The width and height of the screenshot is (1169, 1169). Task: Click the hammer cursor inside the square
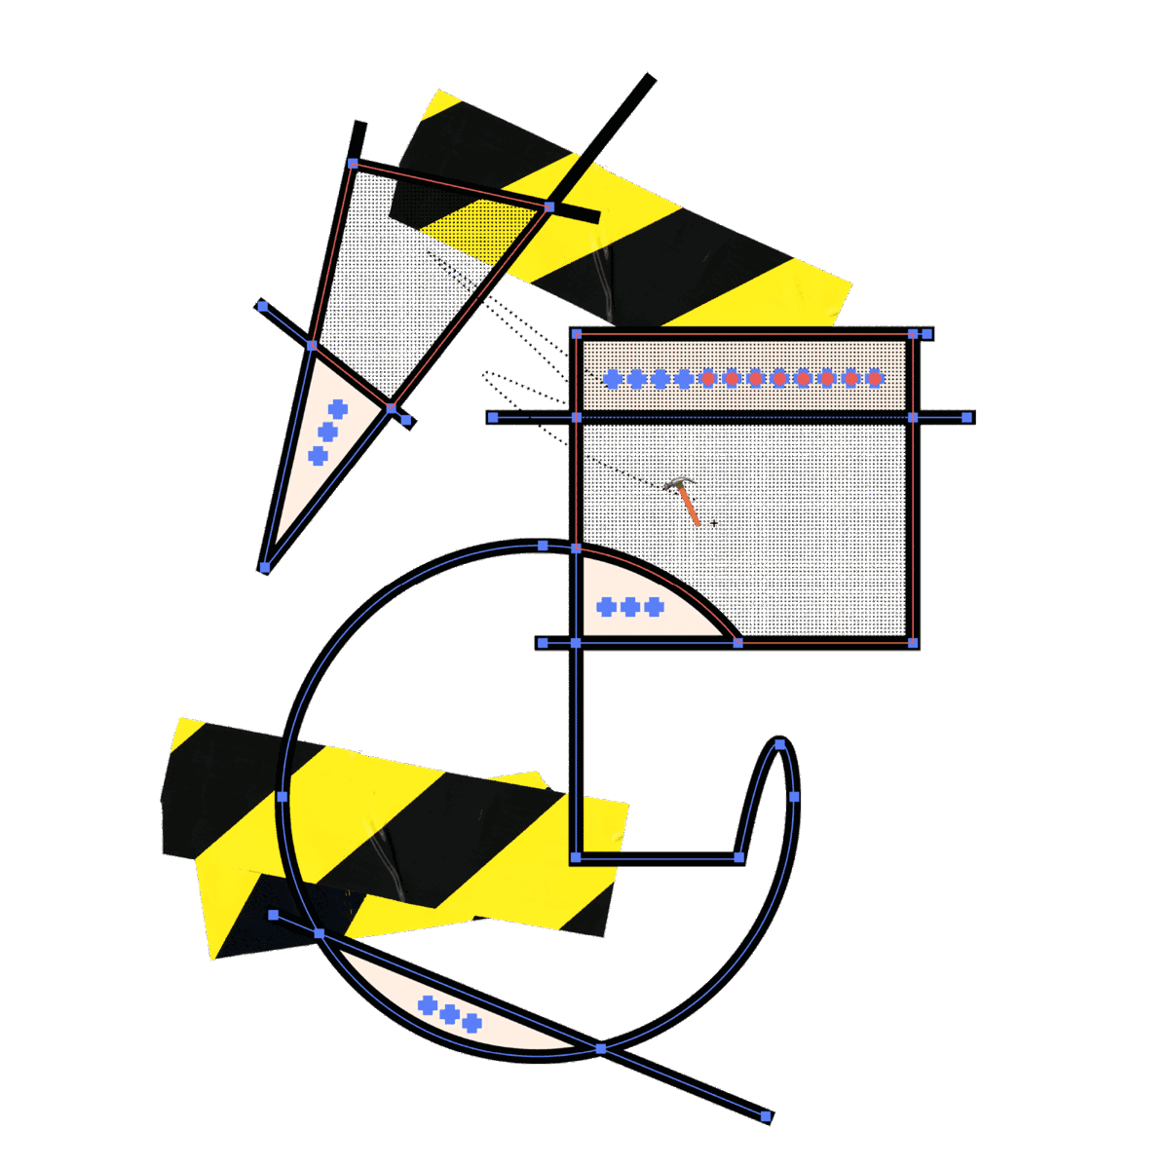[x=685, y=499]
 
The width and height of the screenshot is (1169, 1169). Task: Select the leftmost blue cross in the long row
[x=613, y=379]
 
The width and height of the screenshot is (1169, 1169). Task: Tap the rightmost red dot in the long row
[x=875, y=378]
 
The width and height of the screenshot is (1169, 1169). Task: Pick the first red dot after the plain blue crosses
[x=708, y=378]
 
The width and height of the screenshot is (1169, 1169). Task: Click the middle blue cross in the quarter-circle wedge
[x=630, y=608]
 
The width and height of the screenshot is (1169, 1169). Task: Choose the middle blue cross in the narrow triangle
[x=327, y=432]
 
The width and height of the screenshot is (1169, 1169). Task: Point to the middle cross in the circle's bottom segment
[x=449, y=1014]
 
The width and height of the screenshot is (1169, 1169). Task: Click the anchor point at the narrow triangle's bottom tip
[x=264, y=567]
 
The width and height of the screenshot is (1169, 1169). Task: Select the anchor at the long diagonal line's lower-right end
[x=767, y=1116]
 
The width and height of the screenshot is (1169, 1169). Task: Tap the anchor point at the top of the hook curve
[x=780, y=744]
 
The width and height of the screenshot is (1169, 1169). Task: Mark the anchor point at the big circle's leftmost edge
[x=283, y=797]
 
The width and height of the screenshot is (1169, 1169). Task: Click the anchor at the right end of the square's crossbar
[x=967, y=417]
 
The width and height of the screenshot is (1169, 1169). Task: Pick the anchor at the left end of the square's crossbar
[x=493, y=417]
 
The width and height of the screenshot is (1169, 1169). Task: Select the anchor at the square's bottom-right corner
[x=913, y=643]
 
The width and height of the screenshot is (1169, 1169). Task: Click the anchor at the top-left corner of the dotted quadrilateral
[x=353, y=164]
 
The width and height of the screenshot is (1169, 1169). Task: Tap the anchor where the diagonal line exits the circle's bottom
[x=600, y=1048]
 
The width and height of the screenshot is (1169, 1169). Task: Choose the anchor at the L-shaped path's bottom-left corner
[x=576, y=857]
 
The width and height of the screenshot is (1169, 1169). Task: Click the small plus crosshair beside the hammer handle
[x=714, y=524]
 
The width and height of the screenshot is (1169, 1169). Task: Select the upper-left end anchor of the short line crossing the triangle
[x=262, y=306]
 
